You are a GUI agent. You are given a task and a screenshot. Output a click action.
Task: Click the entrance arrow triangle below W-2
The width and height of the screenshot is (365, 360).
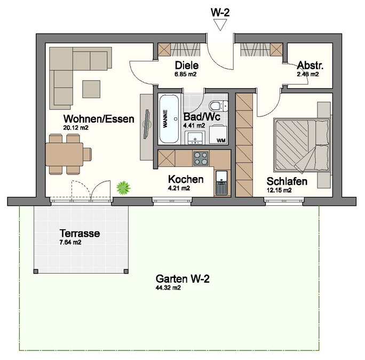coord(220,25)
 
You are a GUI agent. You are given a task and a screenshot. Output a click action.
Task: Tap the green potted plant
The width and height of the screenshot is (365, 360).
coord(123,188)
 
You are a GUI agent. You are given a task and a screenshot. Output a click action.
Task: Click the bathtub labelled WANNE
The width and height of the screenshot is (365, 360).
coord(169,119)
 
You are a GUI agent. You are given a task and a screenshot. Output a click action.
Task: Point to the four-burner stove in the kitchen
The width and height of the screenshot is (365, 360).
coord(201,158)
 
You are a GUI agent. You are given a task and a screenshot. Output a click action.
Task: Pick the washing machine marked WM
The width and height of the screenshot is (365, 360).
coord(218,134)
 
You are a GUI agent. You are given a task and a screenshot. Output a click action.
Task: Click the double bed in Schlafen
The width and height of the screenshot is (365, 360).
coord(302,145)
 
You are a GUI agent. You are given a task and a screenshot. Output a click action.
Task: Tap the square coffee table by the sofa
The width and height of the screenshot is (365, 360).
coord(91,89)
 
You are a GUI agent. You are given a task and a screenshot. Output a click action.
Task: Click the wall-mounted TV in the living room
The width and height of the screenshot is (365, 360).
coord(147,124)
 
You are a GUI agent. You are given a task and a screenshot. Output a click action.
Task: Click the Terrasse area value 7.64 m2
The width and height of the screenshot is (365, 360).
coord(70,243)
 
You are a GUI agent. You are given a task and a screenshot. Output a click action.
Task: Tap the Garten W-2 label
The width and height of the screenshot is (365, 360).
coord(182,278)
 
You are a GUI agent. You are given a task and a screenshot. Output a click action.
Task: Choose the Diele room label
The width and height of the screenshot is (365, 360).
coord(187,66)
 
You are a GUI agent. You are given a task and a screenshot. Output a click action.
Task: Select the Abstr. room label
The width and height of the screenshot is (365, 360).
coord(310,66)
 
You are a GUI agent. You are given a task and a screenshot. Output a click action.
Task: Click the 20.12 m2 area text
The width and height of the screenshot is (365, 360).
coord(76,128)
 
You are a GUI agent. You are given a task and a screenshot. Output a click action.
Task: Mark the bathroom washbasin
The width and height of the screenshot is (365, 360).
coord(195,138)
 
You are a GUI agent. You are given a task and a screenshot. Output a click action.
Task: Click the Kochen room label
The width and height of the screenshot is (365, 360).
coord(186,179)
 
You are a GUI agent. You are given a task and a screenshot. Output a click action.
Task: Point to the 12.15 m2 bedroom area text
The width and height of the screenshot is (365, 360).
coord(279,190)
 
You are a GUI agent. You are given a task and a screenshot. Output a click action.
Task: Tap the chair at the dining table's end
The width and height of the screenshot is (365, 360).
coord(88,154)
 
